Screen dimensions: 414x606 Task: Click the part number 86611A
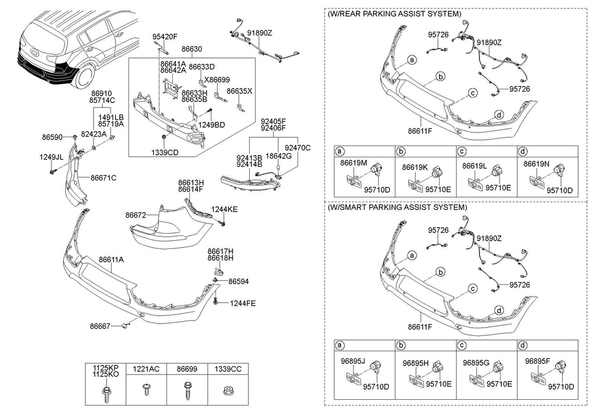pos(111,260)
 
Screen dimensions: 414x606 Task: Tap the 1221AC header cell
pos(146,368)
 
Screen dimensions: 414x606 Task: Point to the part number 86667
pos(101,325)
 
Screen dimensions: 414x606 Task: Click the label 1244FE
pos(243,303)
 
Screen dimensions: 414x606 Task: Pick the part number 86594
pos(238,282)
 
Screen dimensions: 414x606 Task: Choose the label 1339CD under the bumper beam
pos(165,152)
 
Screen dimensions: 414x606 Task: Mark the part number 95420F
pos(166,37)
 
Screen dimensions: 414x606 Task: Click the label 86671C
pos(104,177)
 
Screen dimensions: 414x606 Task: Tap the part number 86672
pos(136,216)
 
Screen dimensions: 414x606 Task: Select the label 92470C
pos(297,147)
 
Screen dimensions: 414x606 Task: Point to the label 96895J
pos(354,363)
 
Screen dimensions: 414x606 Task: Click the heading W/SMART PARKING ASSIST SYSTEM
pos(397,208)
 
